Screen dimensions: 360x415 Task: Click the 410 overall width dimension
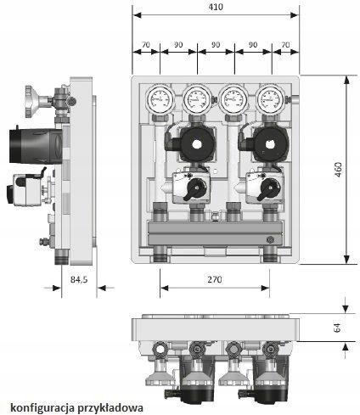(x=216, y=7)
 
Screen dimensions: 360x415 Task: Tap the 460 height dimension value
(x=338, y=170)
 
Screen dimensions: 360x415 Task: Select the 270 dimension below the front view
(x=215, y=279)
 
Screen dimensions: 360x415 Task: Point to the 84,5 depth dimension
(x=79, y=279)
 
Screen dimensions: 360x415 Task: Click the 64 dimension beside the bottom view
(x=337, y=328)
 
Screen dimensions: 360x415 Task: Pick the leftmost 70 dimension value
(x=146, y=45)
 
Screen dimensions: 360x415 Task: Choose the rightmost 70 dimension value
(x=286, y=45)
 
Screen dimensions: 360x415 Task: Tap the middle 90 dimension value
(x=216, y=45)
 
